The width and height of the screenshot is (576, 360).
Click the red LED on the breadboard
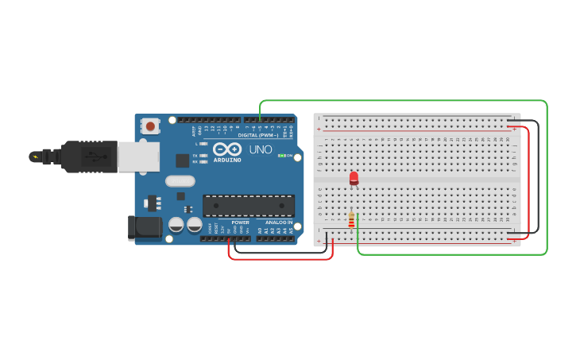point(354,178)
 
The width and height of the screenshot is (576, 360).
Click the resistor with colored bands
point(351,219)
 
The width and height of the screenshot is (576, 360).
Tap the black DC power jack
point(145,228)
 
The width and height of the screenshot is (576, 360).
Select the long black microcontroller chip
point(248,206)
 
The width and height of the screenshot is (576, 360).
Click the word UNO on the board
point(261,149)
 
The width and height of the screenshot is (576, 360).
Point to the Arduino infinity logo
point(227,149)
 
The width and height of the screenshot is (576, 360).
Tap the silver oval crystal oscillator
point(180,181)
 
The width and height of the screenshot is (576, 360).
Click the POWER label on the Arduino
point(240,223)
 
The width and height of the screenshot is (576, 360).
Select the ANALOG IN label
point(279,223)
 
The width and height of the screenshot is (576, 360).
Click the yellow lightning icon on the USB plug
point(35,157)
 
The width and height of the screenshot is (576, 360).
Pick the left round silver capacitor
point(176,225)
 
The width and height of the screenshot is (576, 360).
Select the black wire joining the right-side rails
point(538,175)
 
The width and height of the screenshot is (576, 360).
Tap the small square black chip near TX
point(182,160)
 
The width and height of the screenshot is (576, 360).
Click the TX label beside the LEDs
point(195,156)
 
